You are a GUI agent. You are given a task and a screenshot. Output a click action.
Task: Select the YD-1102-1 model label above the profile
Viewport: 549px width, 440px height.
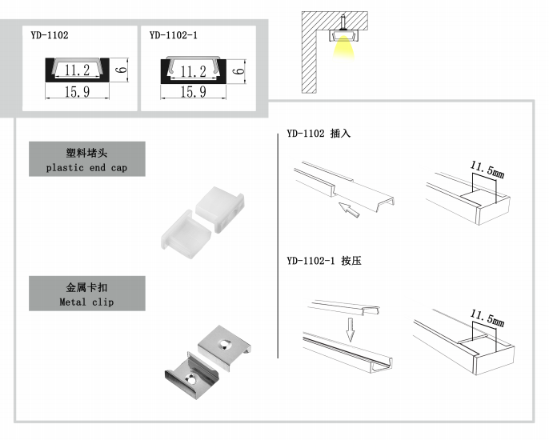click(173, 35)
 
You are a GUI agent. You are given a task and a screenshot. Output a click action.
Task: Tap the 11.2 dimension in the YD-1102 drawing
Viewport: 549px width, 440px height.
click(77, 71)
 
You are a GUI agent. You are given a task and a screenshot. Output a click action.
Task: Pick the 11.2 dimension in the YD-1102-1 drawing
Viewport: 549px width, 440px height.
click(194, 72)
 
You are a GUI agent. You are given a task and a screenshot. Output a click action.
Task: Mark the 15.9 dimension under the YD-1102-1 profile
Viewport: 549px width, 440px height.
click(193, 92)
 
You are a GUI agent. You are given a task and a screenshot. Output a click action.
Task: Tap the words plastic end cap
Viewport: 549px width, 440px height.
click(86, 168)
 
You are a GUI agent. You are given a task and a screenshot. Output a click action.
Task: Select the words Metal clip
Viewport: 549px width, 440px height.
click(86, 302)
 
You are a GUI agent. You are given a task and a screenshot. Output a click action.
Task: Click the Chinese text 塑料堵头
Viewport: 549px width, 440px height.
click(86, 153)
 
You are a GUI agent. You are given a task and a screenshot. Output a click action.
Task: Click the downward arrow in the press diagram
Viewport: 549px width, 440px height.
click(348, 327)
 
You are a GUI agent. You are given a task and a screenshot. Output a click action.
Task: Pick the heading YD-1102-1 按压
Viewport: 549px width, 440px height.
click(323, 261)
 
